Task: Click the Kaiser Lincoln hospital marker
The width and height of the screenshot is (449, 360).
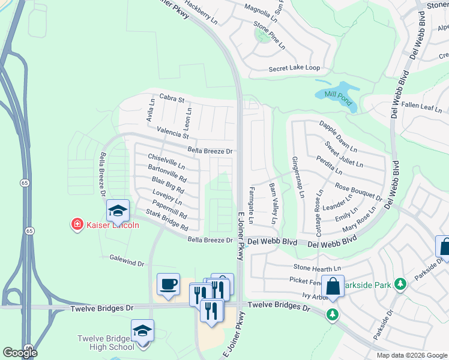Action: [x=77, y=225]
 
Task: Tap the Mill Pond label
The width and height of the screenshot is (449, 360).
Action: [x=337, y=95]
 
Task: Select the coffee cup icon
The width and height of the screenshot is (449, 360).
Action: [x=167, y=284]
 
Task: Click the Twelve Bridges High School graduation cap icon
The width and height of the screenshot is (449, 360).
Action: [x=142, y=331]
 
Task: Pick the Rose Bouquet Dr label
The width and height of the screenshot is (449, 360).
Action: [x=358, y=192]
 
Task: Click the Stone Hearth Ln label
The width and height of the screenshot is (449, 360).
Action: [x=317, y=267]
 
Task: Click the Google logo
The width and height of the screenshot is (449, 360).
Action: [x=20, y=352]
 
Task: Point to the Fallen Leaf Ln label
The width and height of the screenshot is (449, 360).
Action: [x=421, y=107]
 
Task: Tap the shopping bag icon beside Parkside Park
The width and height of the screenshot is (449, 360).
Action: [x=333, y=286]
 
